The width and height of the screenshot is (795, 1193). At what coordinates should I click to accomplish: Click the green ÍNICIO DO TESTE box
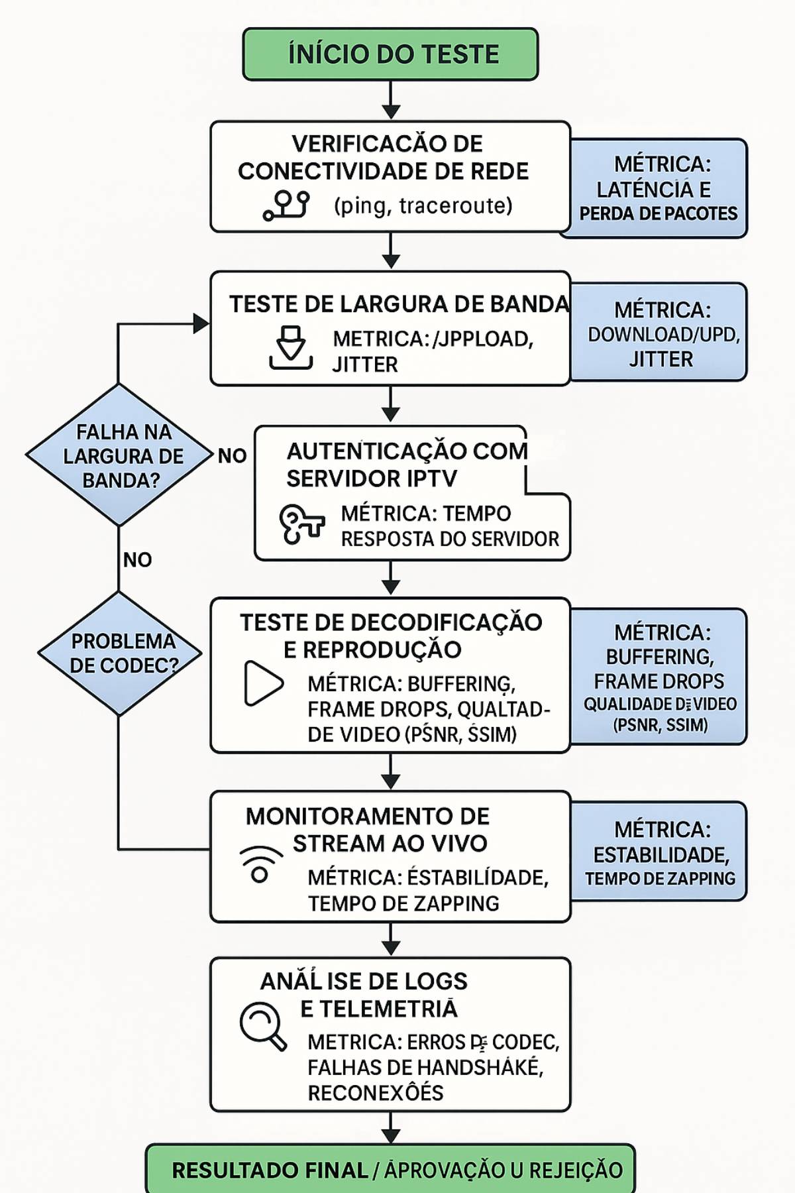pos(390,54)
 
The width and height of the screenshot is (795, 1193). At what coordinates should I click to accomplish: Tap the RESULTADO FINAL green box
pos(390,1169)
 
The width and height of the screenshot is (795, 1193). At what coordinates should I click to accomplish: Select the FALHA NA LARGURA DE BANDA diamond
pos(119,455)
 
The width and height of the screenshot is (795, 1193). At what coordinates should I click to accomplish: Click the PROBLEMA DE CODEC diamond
pos(119,653)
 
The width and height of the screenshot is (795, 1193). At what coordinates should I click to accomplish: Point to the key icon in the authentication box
pos(301,524)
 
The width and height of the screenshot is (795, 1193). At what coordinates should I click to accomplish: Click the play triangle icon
pos(263,683)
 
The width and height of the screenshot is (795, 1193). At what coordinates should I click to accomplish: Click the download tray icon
pos(291,347)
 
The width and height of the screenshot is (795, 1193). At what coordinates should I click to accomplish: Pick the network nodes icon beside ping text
pos(286,205)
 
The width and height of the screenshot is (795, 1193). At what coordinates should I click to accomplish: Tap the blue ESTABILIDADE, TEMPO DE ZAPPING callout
pos(660,852)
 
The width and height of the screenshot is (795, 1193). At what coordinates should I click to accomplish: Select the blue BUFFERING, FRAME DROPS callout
pos(660,677)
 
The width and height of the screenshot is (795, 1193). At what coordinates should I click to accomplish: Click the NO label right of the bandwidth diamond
pos(232,456)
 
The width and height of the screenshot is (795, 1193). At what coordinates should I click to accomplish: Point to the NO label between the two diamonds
pos(137,560)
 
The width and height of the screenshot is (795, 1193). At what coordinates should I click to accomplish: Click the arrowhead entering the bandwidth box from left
pos(201,323)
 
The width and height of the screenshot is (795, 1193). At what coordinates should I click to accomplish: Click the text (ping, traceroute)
pos(423,205)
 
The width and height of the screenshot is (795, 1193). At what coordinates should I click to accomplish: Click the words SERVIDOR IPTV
pos(372,479)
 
